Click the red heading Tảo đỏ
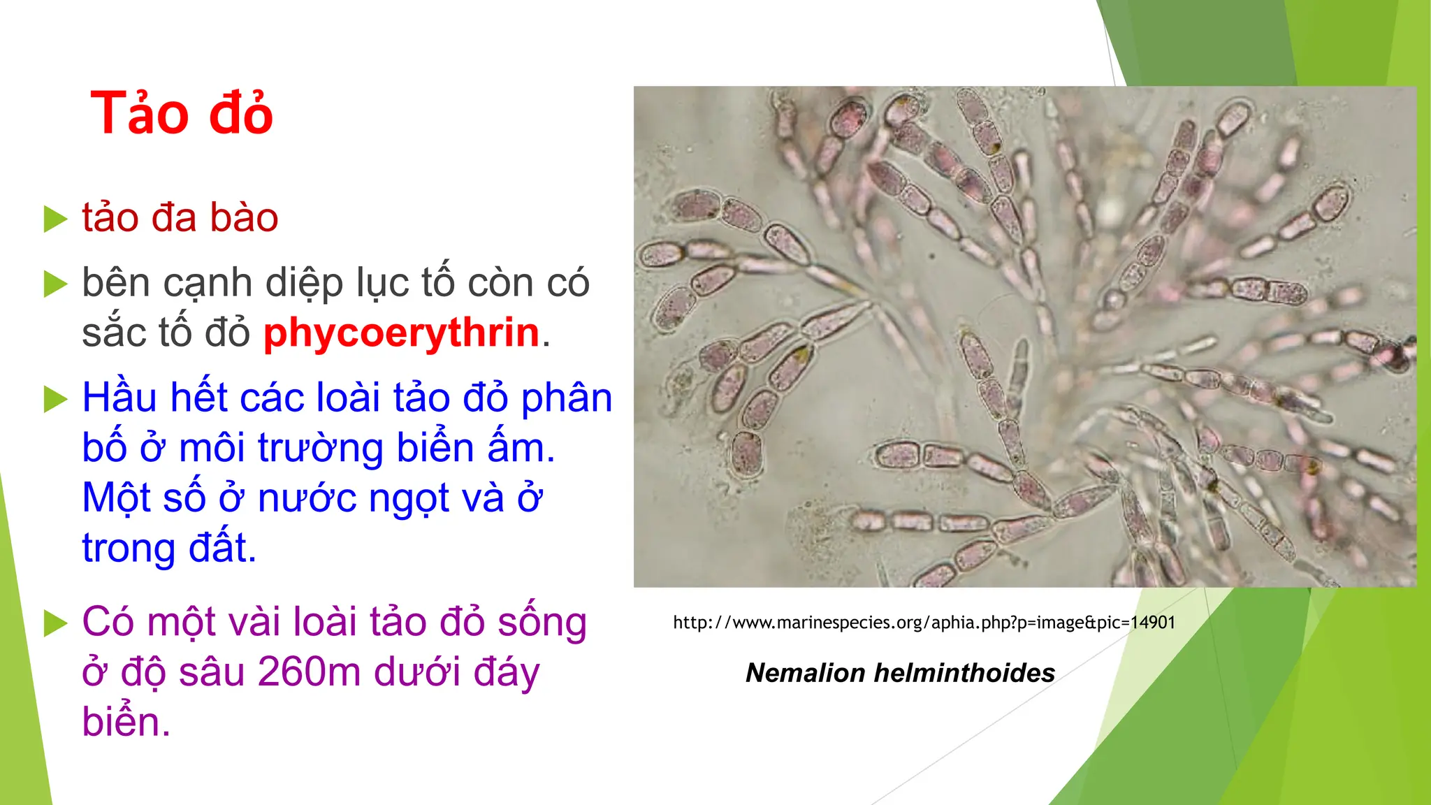coord(181,114)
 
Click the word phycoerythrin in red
coord(401,333)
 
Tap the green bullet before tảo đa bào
coord(55,219)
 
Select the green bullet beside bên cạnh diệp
coord(55,284)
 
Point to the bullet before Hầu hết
coord(55,399)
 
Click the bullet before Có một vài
coord(55,623)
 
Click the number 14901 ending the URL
coord(1152,623)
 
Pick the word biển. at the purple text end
coord(126,722)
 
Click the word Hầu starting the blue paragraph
coord(119,398)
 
